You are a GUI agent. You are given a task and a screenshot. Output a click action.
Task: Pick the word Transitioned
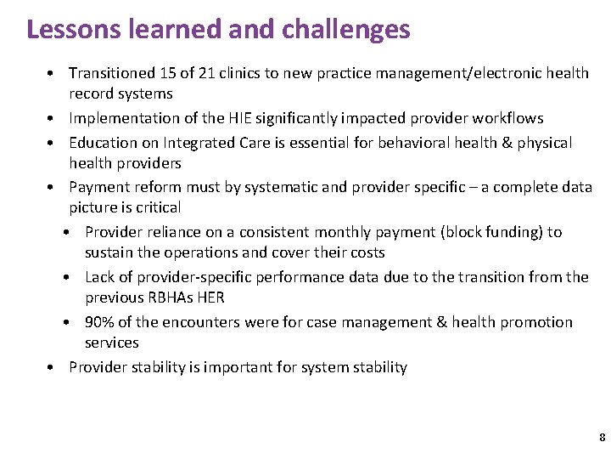click(x=112, y=73)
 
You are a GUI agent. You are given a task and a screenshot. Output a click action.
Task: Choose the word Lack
click(x=100, y=277)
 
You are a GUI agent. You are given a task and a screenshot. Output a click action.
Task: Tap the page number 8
click(x=602, y=438)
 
